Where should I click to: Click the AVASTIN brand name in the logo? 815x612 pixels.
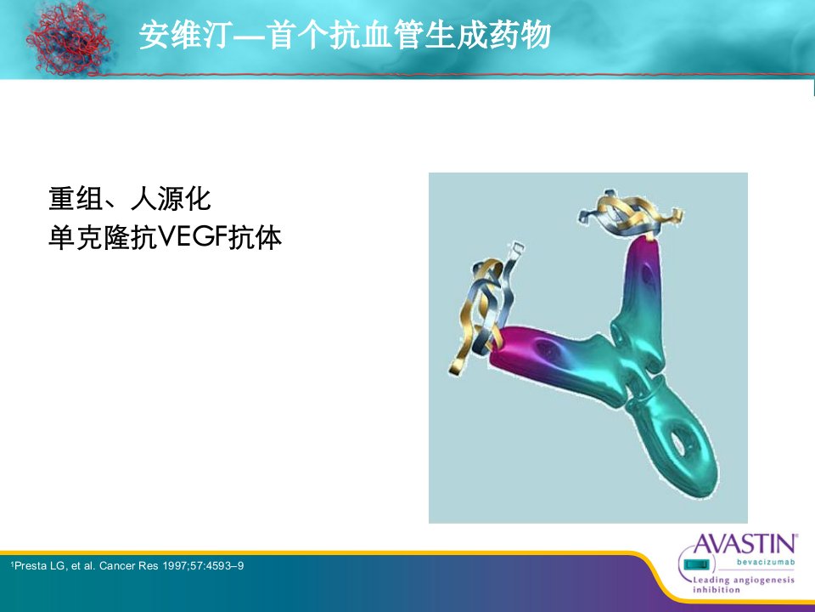coord(745,544)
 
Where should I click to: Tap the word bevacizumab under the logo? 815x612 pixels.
coord(766,562)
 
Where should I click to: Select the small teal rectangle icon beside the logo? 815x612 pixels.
coord(696,564)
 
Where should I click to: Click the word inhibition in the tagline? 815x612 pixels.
coord(717,590)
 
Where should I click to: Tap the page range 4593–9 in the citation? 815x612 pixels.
coord(224,566)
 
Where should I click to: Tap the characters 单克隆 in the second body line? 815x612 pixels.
coord(89,238)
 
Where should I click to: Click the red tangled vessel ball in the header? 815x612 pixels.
coord(69,37)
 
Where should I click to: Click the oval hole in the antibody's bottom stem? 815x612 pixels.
coord(678,442)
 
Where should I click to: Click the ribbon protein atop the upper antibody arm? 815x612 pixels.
coord(630,213)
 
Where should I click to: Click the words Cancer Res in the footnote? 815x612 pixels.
coord(128,566)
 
